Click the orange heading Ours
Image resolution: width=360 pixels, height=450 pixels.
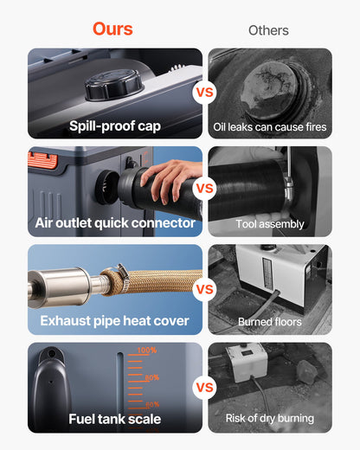tap(112, 29)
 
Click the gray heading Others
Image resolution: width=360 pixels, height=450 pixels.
tap(268, 30)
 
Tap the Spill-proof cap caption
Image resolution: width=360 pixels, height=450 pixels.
tap(115, 126)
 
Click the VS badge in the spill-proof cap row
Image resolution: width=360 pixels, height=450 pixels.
tap(205, 93)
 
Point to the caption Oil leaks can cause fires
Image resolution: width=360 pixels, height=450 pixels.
tap(270, 127)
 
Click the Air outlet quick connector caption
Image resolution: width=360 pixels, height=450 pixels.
tap(115, 223)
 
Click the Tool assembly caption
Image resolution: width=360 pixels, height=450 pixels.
tap(270, 224)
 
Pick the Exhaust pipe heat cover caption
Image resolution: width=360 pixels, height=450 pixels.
tap(115, 321)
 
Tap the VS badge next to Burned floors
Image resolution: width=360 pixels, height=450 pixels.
tap(205, 288)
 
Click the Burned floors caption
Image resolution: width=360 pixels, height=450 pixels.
tap(270, 322)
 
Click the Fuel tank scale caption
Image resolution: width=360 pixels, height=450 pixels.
tap(115, 420)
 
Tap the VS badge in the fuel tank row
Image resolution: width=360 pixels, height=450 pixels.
tap(205, 387)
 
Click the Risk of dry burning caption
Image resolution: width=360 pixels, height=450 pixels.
tap(270, 419)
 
